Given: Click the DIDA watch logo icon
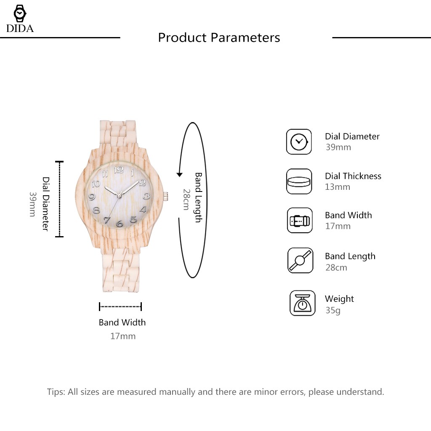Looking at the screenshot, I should [19, 14].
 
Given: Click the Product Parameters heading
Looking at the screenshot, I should [219, 37].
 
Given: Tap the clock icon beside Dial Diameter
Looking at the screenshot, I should [299, 141].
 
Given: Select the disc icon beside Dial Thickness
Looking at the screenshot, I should [299, 181].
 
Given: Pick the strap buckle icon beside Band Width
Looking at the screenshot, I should [300, 221].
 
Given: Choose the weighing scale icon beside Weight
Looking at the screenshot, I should [302, 303].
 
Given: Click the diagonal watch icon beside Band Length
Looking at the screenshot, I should [301, 261].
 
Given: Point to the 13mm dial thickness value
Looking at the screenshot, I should [338, 187].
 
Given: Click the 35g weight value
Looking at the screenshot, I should [333, 310].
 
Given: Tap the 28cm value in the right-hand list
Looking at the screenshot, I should [336, 267].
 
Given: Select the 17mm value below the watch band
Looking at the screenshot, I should [122, 336].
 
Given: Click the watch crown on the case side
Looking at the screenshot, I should [165, 196].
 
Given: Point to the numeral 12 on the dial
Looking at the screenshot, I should [119, 169].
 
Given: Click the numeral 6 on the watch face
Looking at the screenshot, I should [120, 223].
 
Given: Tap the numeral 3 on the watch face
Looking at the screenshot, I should [146, 196].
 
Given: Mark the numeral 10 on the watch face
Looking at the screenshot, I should [96, 184].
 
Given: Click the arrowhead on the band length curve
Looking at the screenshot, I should [179, 174].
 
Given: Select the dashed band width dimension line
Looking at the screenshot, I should [120, 306].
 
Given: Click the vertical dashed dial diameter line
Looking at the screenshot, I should [60, 199].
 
